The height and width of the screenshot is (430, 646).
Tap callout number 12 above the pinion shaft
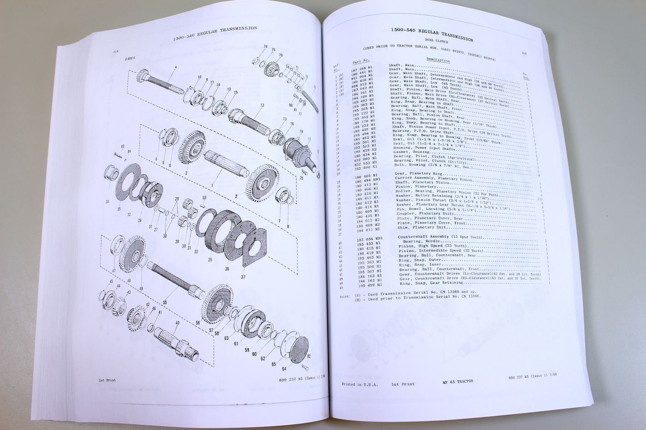tap(262, 105)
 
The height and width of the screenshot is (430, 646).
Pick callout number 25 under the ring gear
tap(210, 260)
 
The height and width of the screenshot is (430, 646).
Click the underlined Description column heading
tap(438, 60)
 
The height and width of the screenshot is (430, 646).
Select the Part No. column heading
tap(361, 61)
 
